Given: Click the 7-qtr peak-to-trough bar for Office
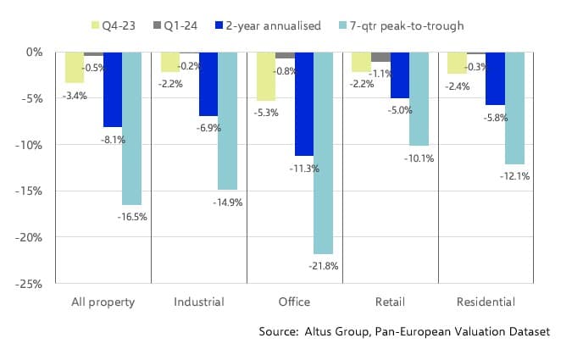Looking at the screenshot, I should click(323, 152).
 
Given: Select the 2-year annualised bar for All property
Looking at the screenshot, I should click(113, 89).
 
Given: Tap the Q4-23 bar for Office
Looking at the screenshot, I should click(265, 76).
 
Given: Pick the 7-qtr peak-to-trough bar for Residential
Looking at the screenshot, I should click(514, 108).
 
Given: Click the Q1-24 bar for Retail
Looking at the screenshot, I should click(380, 57).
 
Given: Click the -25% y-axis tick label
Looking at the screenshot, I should click(32, 284).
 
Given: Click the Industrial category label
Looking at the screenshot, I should click(198, 302).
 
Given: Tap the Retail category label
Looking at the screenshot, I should click(390, 302).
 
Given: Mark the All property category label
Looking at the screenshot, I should click(103, 302).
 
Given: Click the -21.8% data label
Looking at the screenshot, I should click(323, 266).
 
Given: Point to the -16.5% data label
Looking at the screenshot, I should click(131, 217).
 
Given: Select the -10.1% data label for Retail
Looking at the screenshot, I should click(419, 158).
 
